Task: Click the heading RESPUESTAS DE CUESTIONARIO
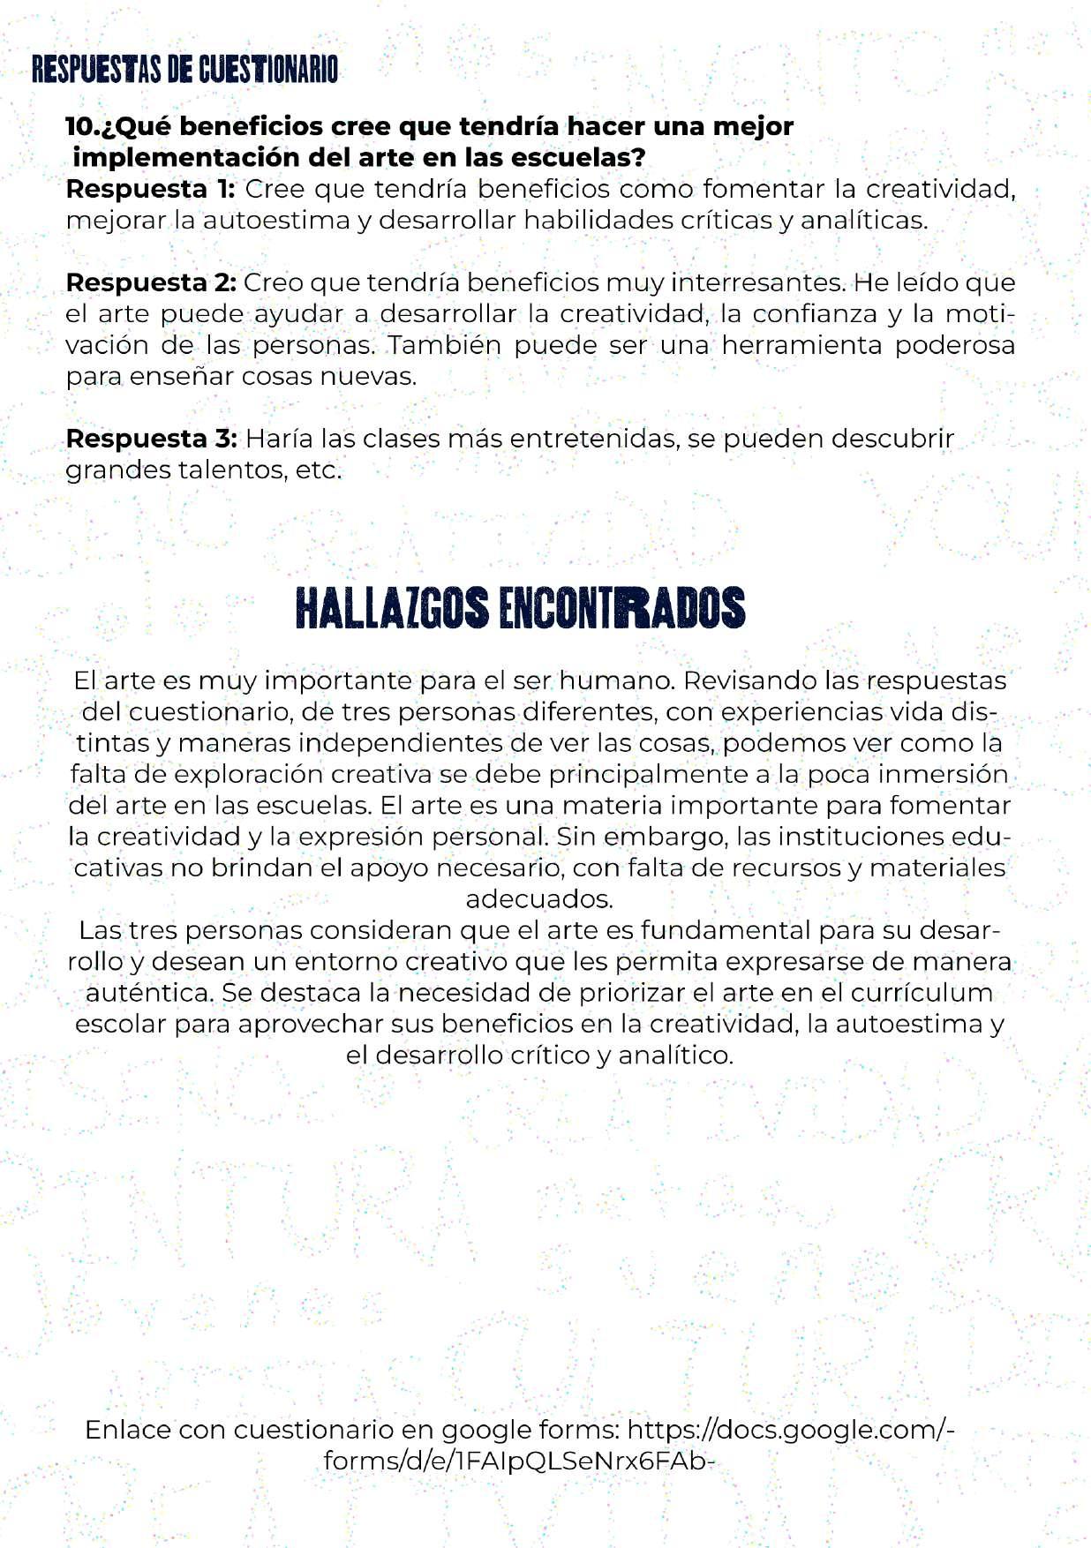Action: pyautogui.click(x=184, y=70)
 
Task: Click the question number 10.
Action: pyautogui.click(x=82, y=127)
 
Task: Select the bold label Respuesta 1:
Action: pyautogui.click(x=150, y=189)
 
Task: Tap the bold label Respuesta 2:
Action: pyautogui.click(x=151, y=282)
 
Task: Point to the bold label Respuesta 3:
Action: pyautogui.click(x=151, y=439)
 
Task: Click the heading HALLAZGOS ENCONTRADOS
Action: pyautogui.click(x=520, y=608)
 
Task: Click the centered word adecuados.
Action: pyautogui.click(x=538, y=899)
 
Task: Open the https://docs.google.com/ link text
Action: pyautogui.click(x=790, y=1430)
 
